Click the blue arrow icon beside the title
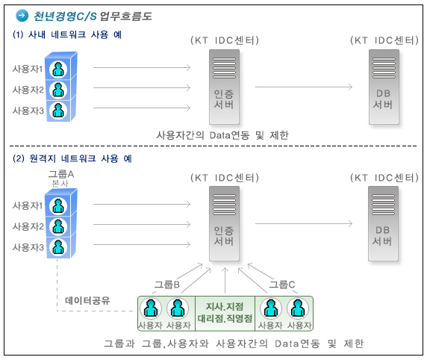[22, 16]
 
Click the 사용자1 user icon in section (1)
[58, 69]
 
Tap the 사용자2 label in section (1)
[28, 90]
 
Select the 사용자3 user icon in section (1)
[58, 111]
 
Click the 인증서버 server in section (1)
[224, 87]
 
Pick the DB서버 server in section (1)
[384, 87]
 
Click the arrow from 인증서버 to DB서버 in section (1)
[304, 87]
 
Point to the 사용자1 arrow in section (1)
[142, 67]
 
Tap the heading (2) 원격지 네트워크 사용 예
[72, 158]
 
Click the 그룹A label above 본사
[61, 174]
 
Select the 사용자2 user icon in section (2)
[58, 226]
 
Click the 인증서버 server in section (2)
[224, 224]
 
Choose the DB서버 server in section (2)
[383, 224]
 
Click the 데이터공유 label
[87, 300]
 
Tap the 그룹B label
[167, 285]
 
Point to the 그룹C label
[282, 285]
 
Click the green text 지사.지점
[225, 306]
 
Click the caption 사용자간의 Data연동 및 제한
[222, 135]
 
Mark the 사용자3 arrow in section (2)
[142, 244]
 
